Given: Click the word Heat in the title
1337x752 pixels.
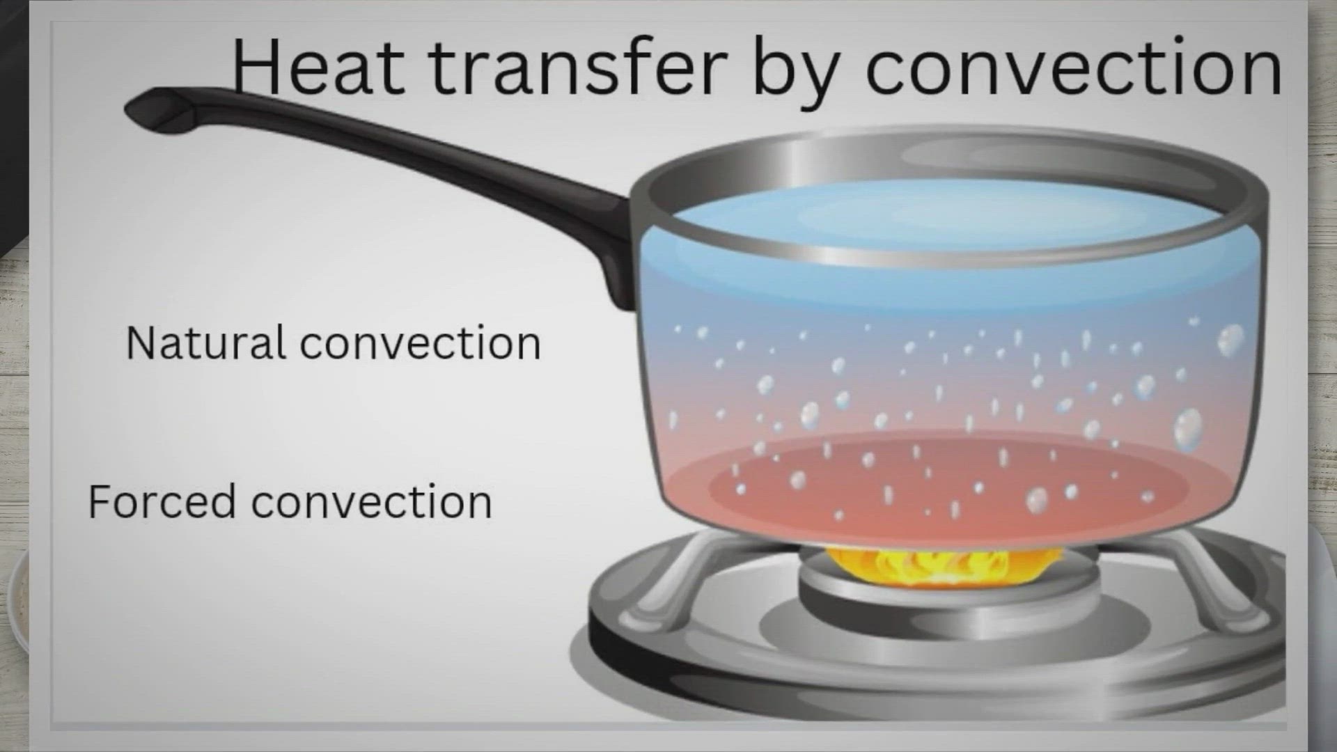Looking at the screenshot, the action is [x=318, y=66].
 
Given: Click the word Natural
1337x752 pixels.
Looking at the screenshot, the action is [x=205, y=343].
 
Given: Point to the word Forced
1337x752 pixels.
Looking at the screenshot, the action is [x=162, y=501].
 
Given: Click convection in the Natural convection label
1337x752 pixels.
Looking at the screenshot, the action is [x=421, y=344].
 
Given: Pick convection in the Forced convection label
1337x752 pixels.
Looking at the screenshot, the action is [x=371, y=503].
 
